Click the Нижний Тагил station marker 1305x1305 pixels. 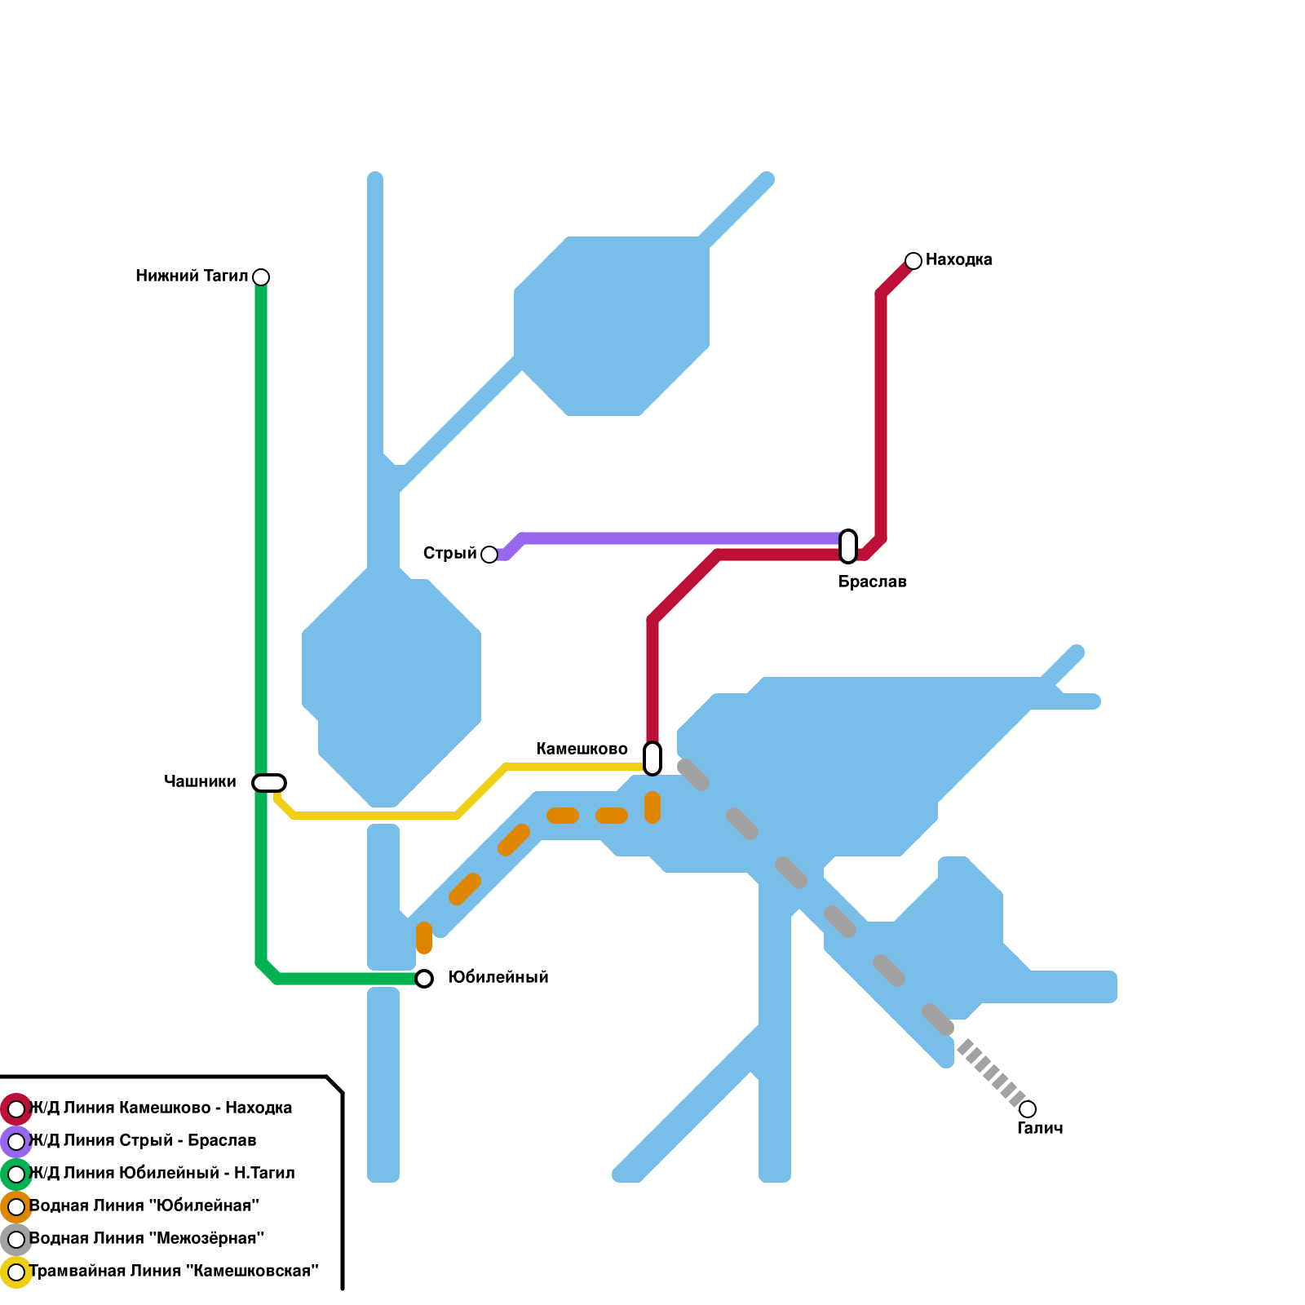pos(261,277)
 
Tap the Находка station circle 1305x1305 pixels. pos(913,261)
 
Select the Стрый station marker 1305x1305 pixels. pos(489,555)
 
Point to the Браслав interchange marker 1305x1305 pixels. pos(848,546)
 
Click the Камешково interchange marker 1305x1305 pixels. pos(652,759)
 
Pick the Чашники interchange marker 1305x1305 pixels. pos(269,783)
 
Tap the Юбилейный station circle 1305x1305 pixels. pos(424,979)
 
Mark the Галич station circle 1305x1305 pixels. pos(1028,1109)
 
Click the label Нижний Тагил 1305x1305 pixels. pos(192,276)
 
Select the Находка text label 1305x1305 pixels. pos(958,260)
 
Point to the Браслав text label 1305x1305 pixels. pos(872,582)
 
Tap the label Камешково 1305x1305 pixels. pos(582,750)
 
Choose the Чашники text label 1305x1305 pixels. pos(200,782)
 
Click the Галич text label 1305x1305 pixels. pos(1040,1129)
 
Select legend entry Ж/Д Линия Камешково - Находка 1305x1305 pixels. pos(161,1108)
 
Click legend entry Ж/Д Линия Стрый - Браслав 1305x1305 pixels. pos(143,1141)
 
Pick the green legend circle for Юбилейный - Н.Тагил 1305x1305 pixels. pos(16,1174)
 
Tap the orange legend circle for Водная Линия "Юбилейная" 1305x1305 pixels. pos(16,1207)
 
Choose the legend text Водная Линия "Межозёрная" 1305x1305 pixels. pos(147,1239)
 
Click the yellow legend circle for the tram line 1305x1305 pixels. pos(16,1272)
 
